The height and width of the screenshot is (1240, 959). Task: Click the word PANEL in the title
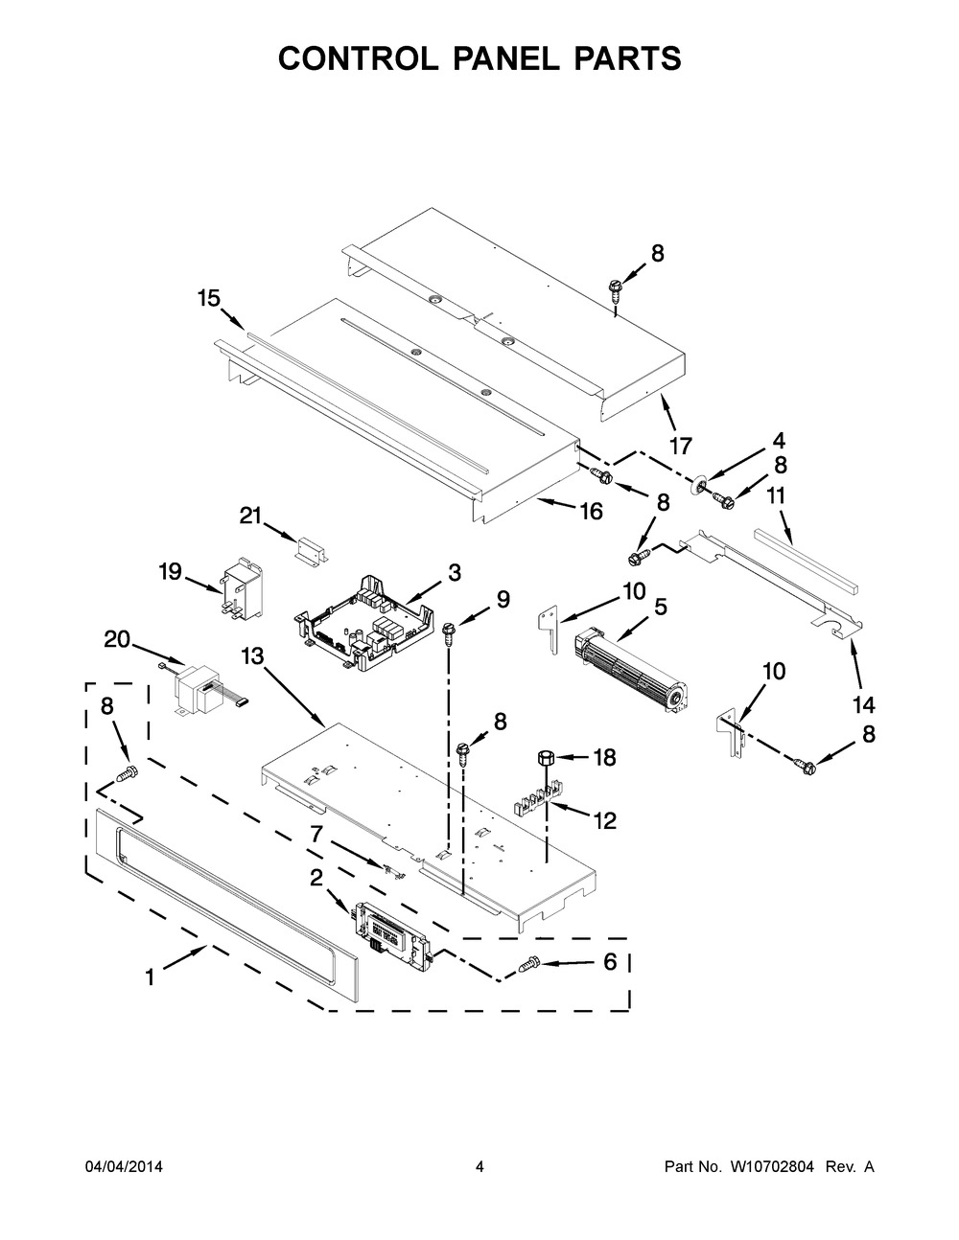tap(505, 58)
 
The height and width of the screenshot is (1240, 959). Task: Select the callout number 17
tap(680, 446)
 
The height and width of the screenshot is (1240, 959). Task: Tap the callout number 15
tap(209, 298)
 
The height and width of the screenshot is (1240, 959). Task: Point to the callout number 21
tap(250, 516)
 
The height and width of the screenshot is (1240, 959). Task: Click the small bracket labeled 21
tap(312, 551)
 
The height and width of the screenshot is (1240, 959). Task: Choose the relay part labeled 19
tap(242, 589)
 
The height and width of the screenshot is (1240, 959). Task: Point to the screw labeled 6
tap(528, 964)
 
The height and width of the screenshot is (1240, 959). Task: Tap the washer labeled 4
tap(698, 486)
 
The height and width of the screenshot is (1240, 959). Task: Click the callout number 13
tap(251, 656)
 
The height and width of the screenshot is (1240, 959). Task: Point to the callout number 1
tap(151, 978)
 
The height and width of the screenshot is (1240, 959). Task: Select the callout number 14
tap(864, 705)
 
